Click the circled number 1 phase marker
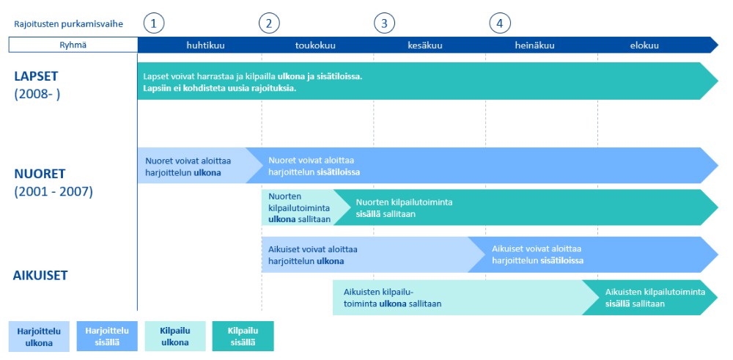154,23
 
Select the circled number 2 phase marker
269,23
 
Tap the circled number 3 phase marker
384,23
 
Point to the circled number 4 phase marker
500,23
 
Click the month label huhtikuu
206,45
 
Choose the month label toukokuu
315,45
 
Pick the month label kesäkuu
424,45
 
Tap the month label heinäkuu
535,45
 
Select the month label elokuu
644,45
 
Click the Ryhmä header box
73,45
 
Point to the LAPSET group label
36,77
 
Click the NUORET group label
40,174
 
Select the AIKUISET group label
40,275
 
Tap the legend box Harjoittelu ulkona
39,336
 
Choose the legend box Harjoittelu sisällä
107,336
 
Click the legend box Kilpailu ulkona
175,336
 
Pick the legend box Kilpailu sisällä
243,336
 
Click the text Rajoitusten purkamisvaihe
69,24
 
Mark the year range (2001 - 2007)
54,191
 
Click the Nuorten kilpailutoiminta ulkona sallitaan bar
300,207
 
